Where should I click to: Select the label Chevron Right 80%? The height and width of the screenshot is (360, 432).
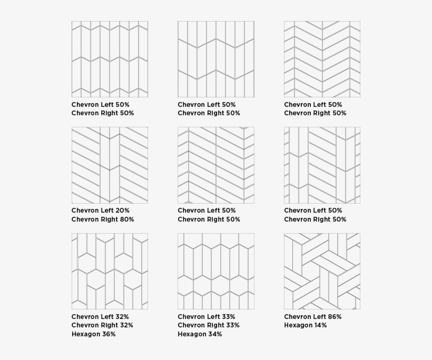tap(103, 219)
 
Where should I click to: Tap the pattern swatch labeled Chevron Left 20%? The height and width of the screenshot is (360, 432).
tap(110, 165)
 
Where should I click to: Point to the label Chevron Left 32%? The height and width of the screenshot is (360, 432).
tap(100, 317)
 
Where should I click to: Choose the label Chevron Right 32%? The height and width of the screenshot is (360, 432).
tap(102, 325)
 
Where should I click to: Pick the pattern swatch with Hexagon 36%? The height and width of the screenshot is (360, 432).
tap(110, 271)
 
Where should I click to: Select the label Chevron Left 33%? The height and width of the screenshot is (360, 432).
tap(207, 317)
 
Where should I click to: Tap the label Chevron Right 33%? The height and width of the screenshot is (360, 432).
tap(209, 325)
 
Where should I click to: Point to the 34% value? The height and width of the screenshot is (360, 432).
tap(214, 334)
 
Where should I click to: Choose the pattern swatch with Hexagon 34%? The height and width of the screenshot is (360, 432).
tap(216, 271)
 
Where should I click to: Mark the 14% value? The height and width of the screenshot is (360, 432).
tap(320, 325)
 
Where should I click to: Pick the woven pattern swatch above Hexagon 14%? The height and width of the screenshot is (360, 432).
tap(322, 271)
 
